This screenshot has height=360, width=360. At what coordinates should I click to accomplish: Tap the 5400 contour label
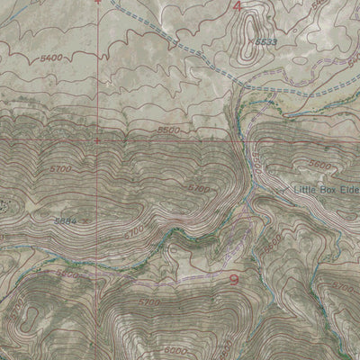52,57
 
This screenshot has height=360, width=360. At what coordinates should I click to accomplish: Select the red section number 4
237,7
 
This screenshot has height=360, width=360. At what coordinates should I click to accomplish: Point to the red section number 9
235,279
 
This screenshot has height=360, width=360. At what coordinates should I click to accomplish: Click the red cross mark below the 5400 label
97,139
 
